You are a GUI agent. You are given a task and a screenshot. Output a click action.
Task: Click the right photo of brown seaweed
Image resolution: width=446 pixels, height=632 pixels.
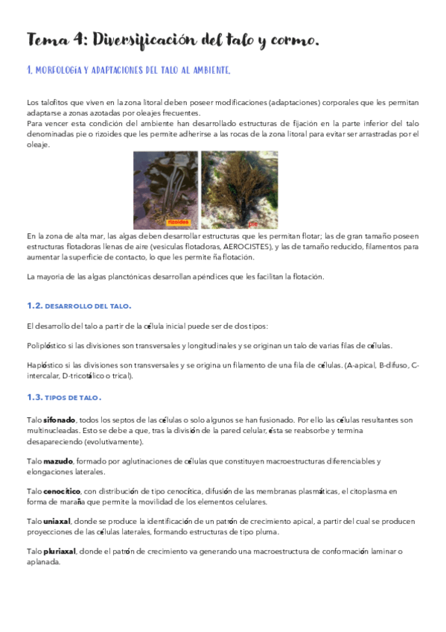tap(240, 189)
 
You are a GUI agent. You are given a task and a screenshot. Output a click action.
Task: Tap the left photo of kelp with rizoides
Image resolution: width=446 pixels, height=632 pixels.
tap(165, 189)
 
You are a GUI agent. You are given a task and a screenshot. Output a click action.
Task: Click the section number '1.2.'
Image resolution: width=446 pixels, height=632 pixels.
tap(34, 306)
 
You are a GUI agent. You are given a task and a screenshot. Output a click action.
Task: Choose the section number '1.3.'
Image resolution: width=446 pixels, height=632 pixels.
tap(34, 397)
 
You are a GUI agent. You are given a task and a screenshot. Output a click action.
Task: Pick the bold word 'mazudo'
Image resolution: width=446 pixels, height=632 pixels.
tap(57, 461)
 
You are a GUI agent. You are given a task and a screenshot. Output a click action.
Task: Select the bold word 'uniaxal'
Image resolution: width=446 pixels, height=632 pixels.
tap(57, 522)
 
